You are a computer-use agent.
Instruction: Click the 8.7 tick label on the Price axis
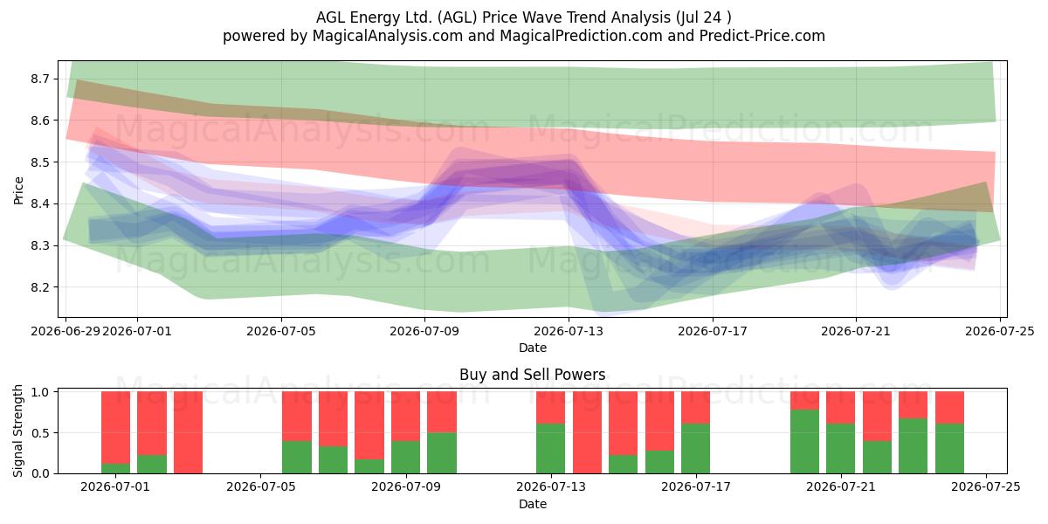click(40, 79)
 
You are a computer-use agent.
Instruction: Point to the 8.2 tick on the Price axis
click(40, 287)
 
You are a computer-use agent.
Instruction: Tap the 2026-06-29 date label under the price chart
click(65, 331)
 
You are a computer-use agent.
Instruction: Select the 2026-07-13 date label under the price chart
click(569, 331)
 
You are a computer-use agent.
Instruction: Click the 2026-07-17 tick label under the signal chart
click(696, 486)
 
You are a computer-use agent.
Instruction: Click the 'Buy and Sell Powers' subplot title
click(533, 375)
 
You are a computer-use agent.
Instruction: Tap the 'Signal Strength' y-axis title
click(17, 431)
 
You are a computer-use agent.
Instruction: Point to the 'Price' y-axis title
click(18, 190)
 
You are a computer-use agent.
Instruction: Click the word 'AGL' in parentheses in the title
click(454, 17)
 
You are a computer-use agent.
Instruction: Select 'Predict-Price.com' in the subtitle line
click(762, 36)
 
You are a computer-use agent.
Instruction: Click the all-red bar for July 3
click(188, 432)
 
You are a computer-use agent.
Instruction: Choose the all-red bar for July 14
click(587, 432)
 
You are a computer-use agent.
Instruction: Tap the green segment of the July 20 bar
click(804, 442)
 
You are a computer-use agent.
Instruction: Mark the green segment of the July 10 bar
click(442, 453)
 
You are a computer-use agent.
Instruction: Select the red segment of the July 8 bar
click(369, 425)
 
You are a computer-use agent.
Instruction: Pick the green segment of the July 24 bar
click(950, 449)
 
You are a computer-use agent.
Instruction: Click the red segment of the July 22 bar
click(877, 417)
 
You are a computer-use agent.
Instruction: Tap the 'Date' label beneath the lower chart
click(533, 504)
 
